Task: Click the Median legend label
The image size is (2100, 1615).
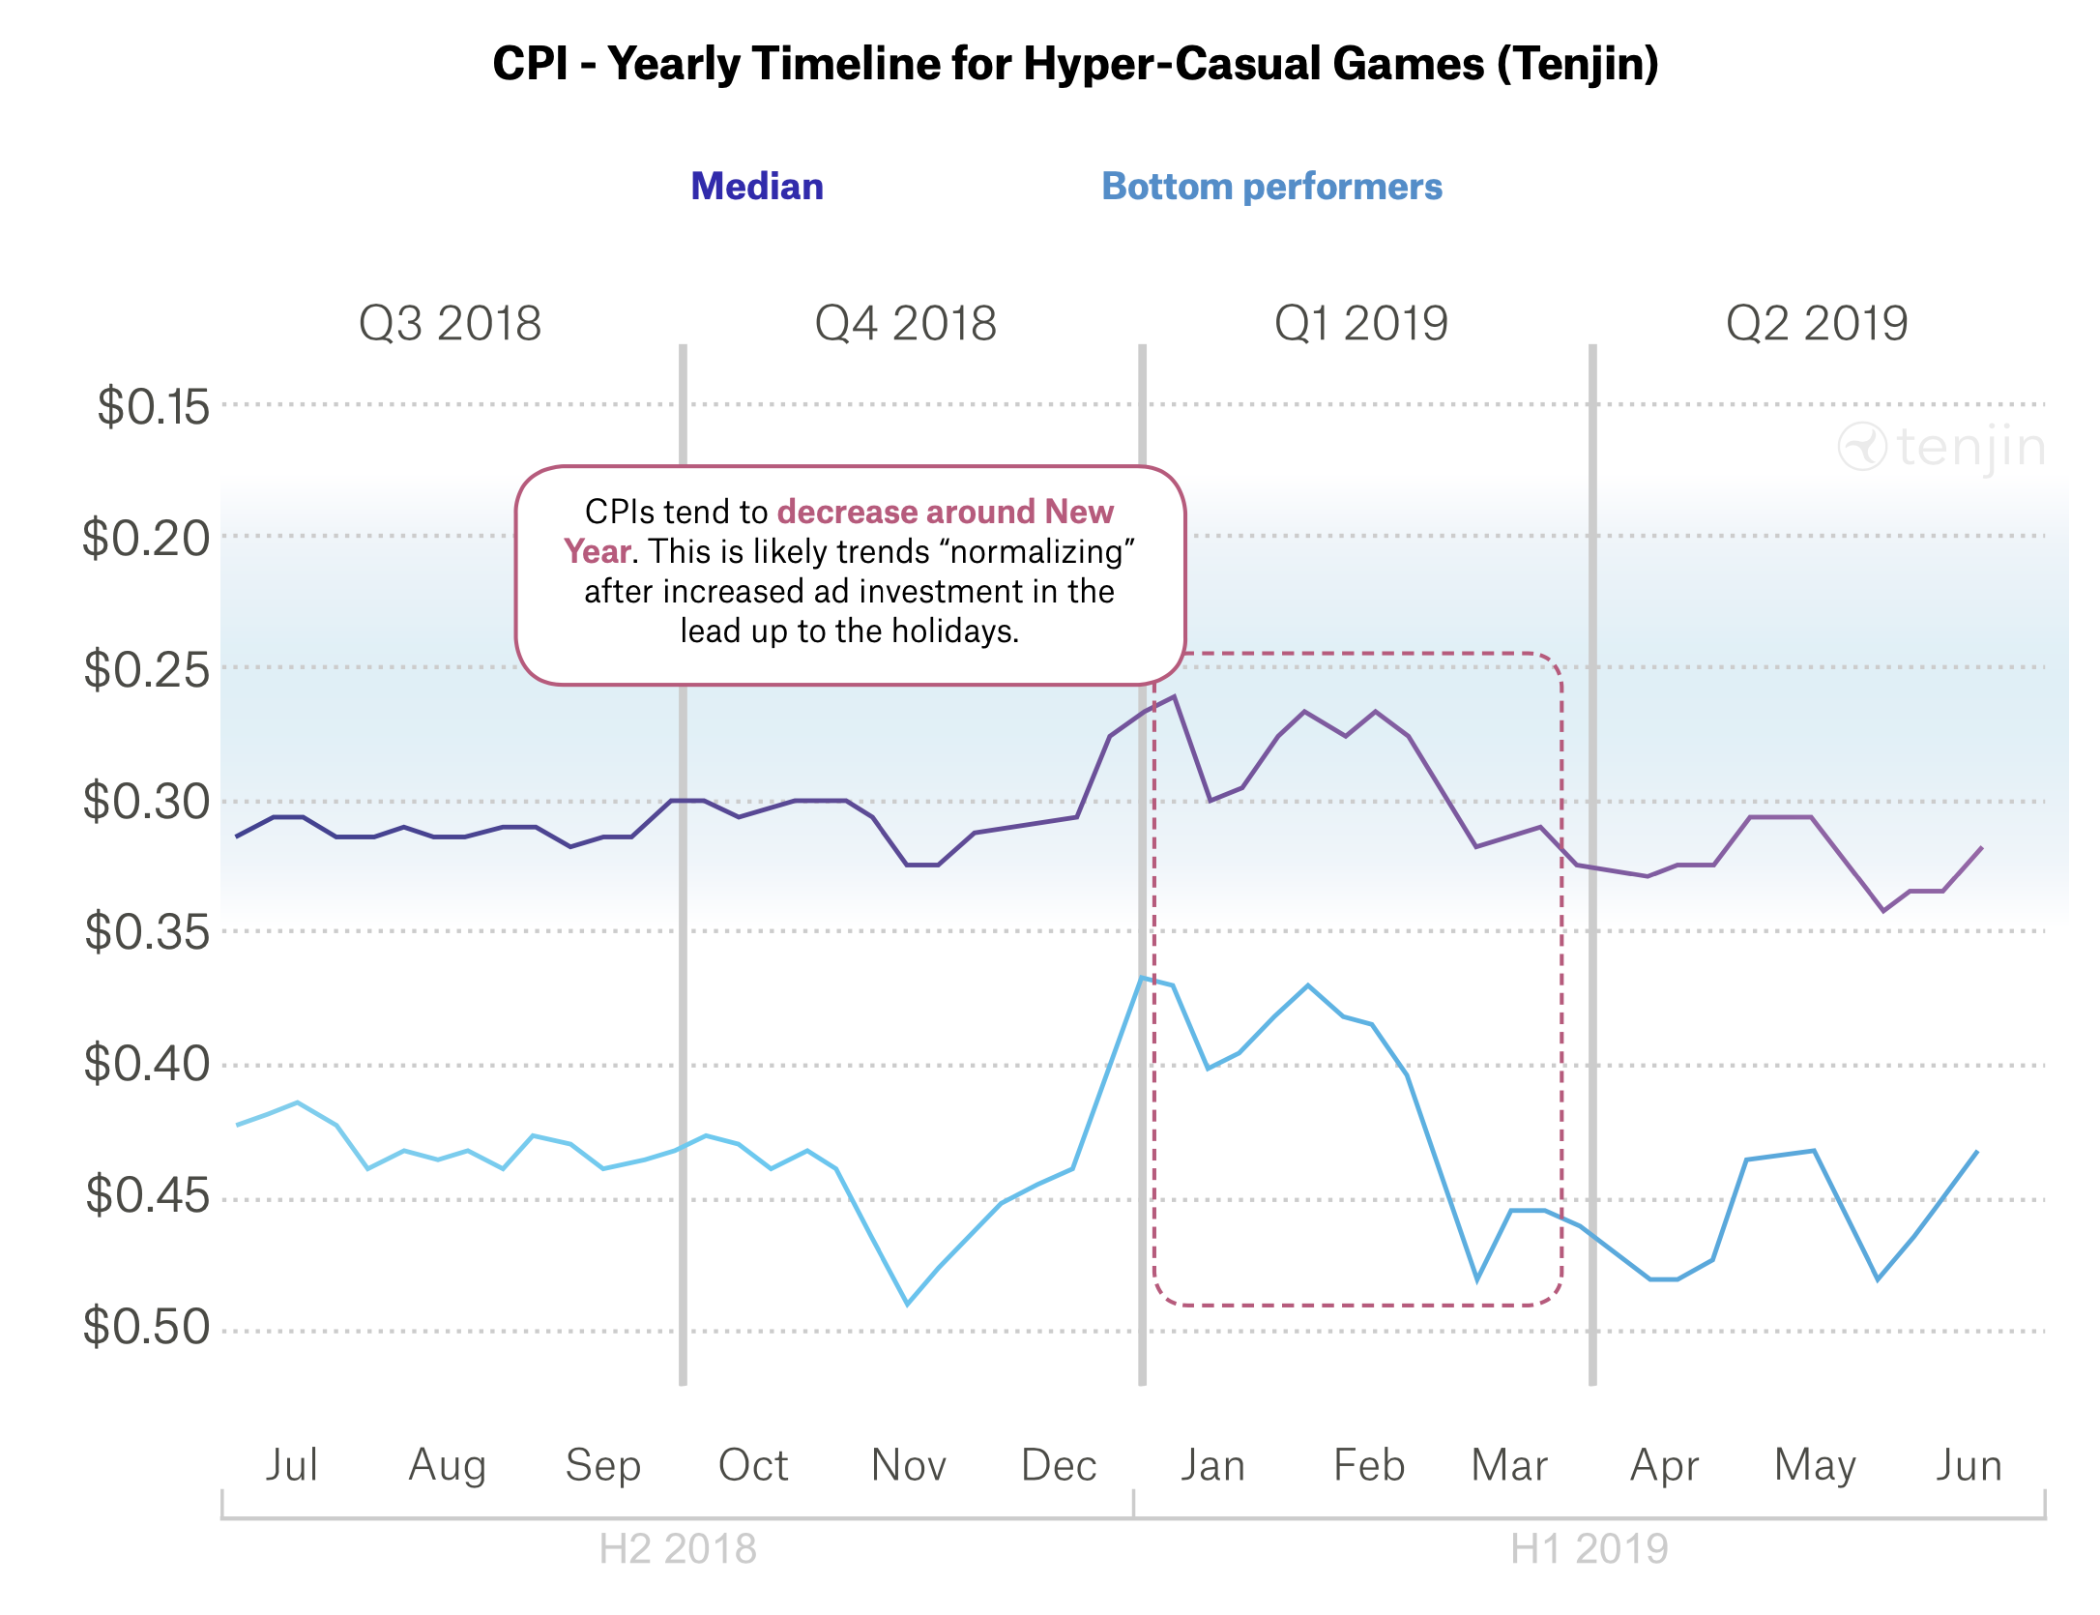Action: point(757,187)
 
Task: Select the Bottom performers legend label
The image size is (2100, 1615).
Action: point(1271,187)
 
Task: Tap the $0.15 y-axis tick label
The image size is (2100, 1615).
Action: point(153,406)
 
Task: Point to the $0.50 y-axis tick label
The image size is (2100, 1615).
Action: point(146,1327)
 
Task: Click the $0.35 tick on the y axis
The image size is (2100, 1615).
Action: point(146,932)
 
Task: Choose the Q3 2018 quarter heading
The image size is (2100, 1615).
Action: point(450,323)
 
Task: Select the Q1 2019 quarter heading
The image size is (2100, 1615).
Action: point(1360,323)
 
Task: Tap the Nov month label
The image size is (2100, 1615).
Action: point(908,1465)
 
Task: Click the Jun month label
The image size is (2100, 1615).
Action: point(1969,1465)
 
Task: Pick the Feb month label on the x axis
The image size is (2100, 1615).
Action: point(1368,1465)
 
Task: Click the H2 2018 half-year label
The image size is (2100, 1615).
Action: point(677,1549)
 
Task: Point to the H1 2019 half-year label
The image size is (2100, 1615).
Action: point(1589,1549)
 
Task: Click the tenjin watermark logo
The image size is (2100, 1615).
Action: point(1941,447)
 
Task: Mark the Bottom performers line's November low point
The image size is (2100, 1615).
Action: point(907,1304)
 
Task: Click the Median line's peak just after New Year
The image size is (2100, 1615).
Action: point(1174,696)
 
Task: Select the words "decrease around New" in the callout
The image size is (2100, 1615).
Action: point(945,512)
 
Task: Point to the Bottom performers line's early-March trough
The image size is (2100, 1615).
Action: point(1476,1279)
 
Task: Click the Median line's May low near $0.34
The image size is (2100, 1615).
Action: point(1882,910)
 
